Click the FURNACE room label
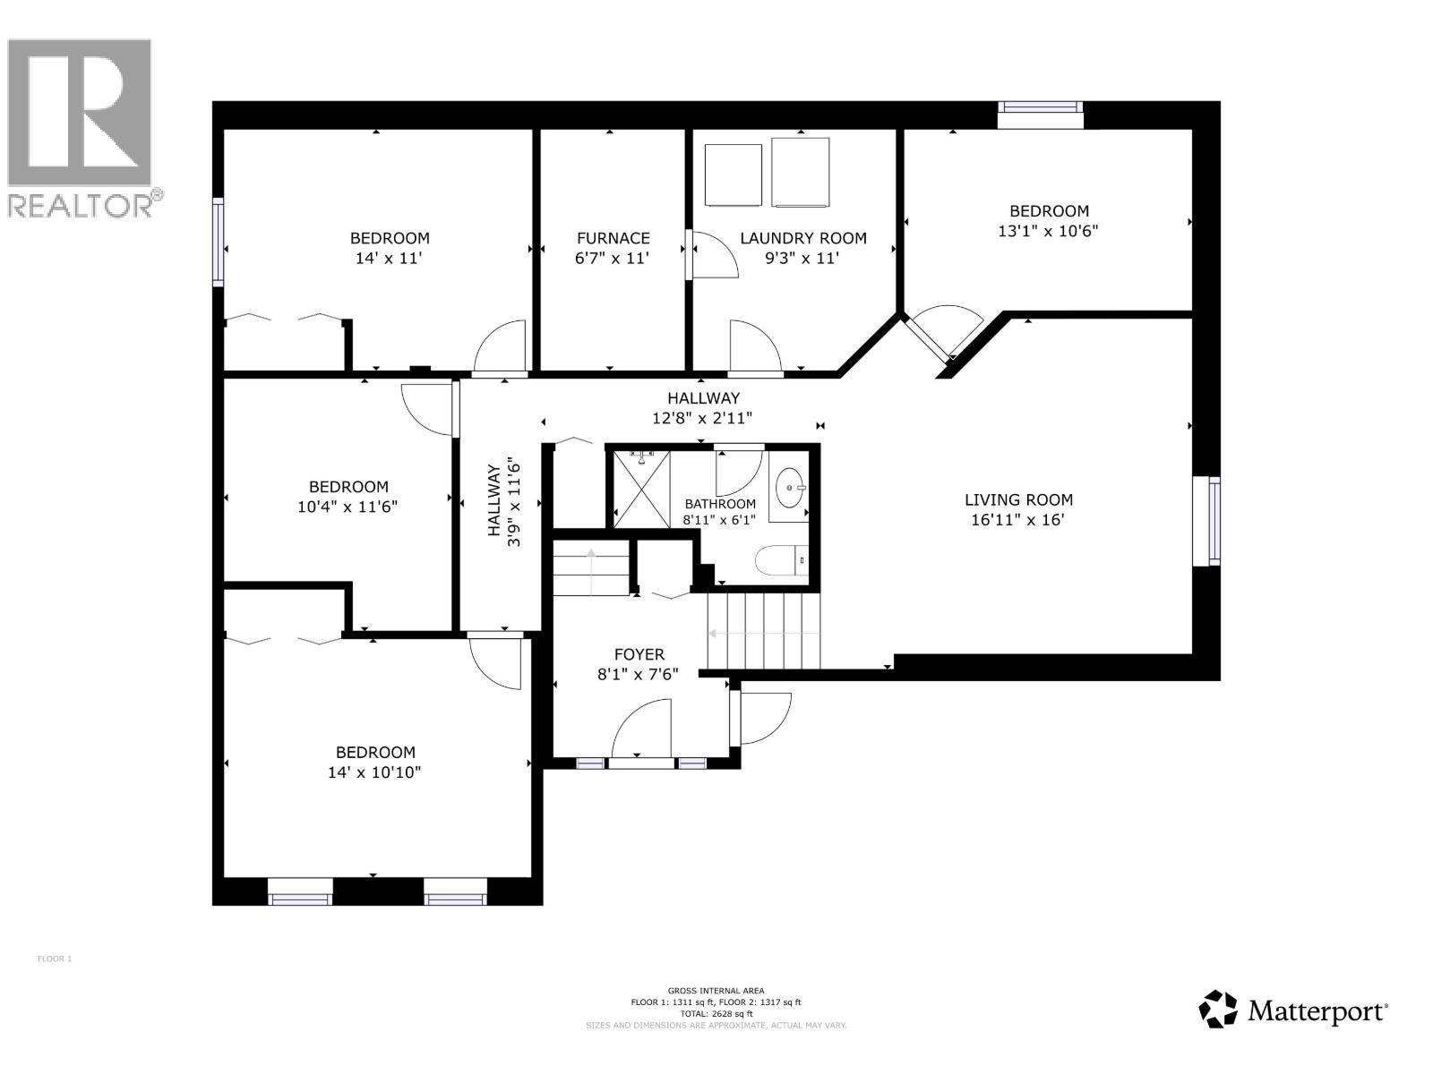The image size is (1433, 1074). pyautogui.click(x=613, y=238)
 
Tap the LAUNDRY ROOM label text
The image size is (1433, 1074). pyautogui.click(x=802, y=238)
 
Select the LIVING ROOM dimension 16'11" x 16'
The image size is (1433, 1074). pyautogui.click(x=1017, y=520)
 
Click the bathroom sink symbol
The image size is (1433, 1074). pyautogui.click(x=789, y=489)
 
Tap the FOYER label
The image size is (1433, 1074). pyautogui.click(x=639, y=654)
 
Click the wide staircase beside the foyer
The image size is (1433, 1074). pyautogui.click(x=764, y=632)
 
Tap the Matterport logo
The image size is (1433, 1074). pyautogui.click(x=1294, y=1010)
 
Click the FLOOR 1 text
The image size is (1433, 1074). pyautogui.click(x=54, y=959)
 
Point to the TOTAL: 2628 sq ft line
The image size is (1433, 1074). pyautogui.click(x=716, y=1014)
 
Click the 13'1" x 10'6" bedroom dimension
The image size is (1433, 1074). pyautogui.click(x=1048, y=231)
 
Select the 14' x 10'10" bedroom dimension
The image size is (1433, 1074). pyautogui.click(x=374, y=772)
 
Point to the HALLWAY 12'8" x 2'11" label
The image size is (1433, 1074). pyautogui.click(x=702, y=407)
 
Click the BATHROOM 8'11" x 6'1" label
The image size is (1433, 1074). pyautogui.click(x=719, y=511)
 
